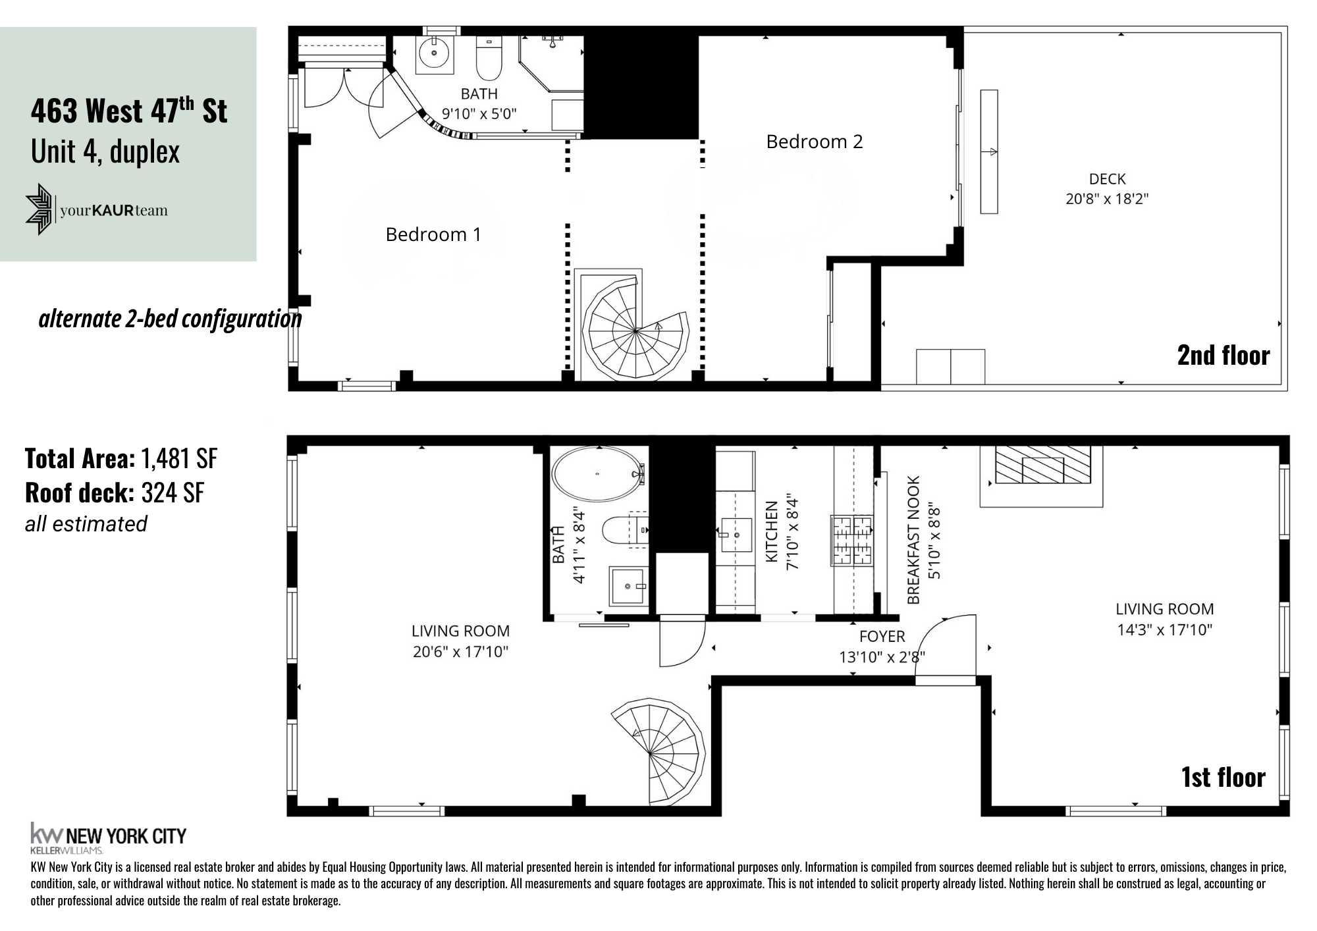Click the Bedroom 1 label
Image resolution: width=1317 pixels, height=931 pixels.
433,235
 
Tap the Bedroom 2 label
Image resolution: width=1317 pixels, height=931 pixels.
814,142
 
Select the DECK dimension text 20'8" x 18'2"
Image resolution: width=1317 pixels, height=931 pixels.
1107,199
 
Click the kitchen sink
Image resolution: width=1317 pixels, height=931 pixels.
736,535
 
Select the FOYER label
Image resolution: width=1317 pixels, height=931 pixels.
882,637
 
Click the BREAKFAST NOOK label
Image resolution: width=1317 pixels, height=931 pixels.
913,540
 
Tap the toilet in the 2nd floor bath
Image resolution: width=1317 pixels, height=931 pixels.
489,59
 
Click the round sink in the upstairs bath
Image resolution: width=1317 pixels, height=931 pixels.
435,55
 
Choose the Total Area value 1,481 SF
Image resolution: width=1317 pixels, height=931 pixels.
178,459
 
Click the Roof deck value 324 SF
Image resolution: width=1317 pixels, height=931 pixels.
173,492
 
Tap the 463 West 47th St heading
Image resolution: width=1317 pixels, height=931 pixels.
129,111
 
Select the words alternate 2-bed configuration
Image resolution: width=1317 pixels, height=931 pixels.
170,319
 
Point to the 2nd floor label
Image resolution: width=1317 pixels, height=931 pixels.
1223,356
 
